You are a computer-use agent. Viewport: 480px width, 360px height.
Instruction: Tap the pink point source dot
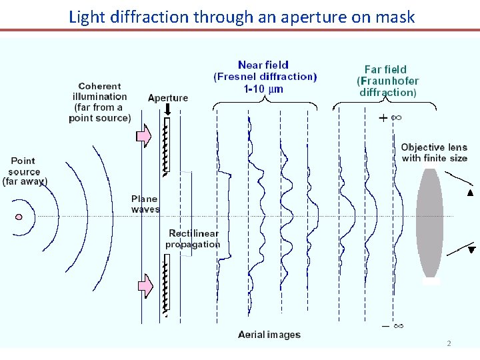tap(19, 216)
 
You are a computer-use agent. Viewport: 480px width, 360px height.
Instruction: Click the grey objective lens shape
tap(429, 222)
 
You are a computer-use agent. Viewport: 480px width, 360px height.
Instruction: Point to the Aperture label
tap(168, 97)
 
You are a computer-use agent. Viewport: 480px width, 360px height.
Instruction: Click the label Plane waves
tap(145, 204)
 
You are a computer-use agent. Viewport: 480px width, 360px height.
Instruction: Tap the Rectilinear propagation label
tap(193, 239)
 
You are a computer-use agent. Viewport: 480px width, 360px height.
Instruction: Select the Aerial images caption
tap(269, 335)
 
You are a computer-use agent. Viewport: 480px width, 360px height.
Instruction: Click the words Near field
tap(263, 65)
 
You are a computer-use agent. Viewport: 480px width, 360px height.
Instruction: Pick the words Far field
tap(385, 69)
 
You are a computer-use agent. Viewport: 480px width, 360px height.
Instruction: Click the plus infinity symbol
tap(391, 118)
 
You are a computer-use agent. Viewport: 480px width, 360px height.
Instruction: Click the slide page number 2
tap(449, 343)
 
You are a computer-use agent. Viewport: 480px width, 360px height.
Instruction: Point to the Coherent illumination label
tap(100, 102)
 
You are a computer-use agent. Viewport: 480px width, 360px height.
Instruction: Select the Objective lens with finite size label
tap(434, 153)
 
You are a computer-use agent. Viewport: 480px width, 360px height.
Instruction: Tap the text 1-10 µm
tap(265, 88)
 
